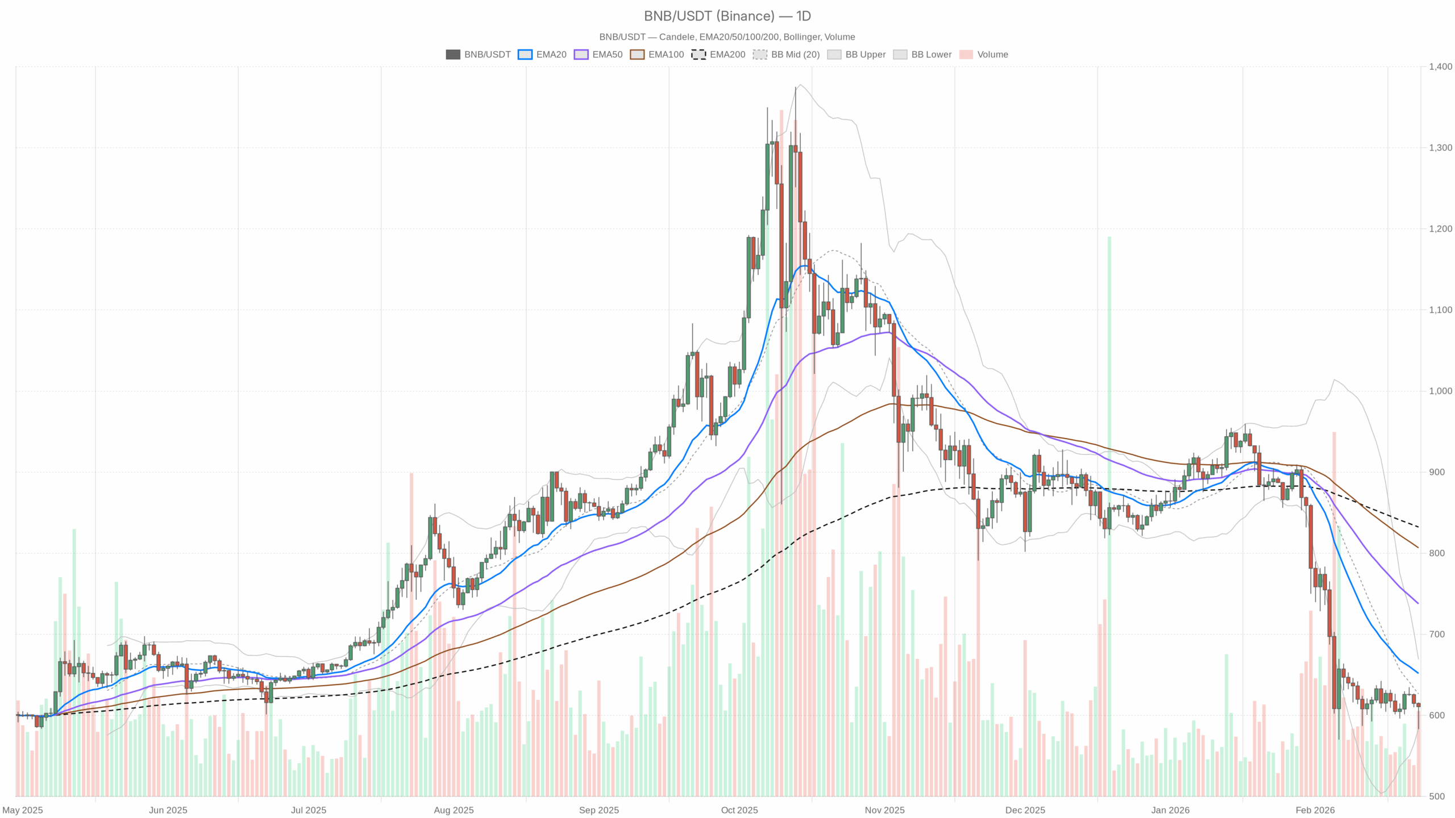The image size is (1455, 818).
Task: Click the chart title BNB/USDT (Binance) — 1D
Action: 727,16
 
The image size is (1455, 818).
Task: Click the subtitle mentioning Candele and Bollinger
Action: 727,37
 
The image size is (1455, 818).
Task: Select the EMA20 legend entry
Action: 542,55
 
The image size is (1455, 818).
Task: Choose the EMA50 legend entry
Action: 598,55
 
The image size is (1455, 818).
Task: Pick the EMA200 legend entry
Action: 718,55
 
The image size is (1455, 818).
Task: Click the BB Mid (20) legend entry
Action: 786,55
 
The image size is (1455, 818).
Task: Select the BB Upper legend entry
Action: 857,55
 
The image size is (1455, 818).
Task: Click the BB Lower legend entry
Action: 922,55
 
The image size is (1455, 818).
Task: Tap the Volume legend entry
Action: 984,55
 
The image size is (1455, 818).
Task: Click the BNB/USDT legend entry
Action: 478,55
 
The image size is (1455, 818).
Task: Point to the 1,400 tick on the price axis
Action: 1440,66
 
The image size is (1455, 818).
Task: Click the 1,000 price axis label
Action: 1440,391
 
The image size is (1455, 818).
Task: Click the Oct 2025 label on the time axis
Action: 739,810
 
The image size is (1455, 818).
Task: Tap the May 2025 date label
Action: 23,810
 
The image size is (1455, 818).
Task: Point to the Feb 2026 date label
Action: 1315,810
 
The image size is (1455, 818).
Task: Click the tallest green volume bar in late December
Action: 1109,511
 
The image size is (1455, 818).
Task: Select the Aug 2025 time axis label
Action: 454,810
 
